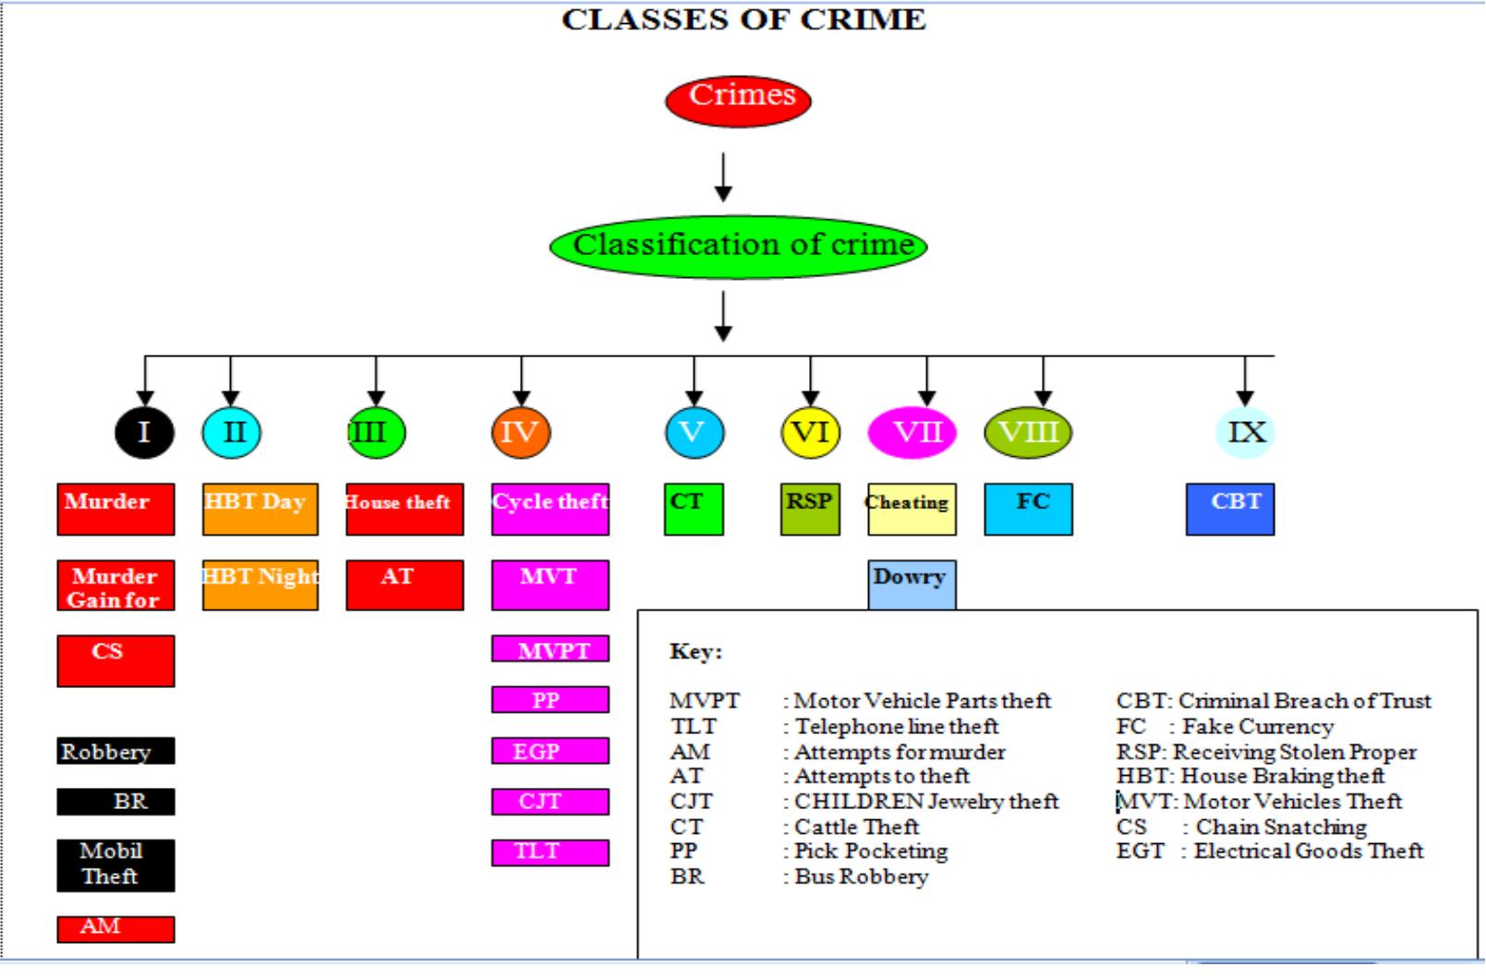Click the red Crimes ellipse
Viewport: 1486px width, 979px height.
point(738,100)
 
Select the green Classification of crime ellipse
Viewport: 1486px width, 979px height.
point(738,247)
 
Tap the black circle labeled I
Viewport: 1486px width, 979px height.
point(144,432)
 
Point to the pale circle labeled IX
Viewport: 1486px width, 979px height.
point(1245,432)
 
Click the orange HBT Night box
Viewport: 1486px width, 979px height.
point(260,585)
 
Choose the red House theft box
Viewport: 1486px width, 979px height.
point(405,509)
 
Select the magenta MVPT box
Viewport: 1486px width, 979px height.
point(550,649)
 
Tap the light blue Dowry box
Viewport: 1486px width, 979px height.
point(912,584)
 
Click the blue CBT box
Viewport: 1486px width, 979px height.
point(1230,509)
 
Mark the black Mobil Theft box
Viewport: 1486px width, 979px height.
point(115,864)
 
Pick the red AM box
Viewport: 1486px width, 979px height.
point(115,928)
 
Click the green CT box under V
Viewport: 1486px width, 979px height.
point(694,509)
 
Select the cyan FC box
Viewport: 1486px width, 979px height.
point(1028,509)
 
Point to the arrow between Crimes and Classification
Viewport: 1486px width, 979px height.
point(723,177)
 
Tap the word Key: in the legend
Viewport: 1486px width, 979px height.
point(695,652)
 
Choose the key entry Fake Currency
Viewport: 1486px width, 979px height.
point(1257,727)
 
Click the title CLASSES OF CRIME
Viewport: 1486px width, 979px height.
point(743,19)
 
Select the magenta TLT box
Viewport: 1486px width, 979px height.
point(550,852)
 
